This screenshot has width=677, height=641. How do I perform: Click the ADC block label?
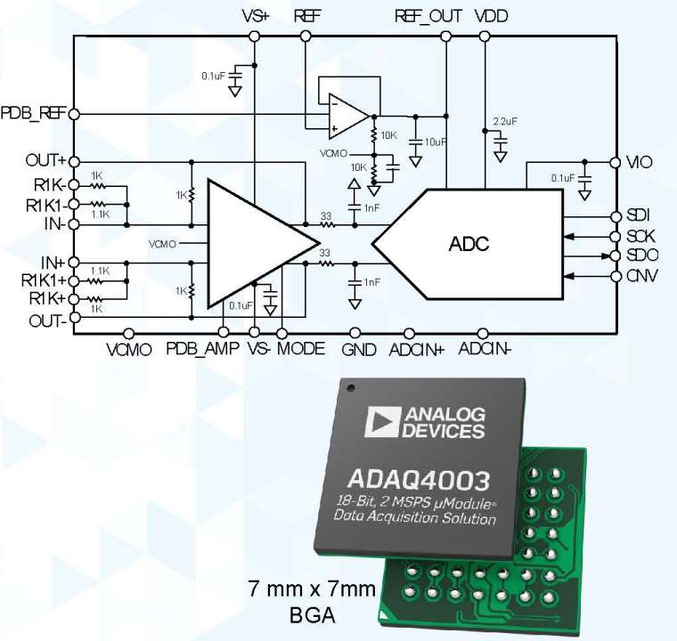469,243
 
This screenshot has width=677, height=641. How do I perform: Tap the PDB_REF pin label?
33,114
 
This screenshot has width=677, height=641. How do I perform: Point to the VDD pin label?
493,17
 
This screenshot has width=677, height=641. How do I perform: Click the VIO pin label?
640,163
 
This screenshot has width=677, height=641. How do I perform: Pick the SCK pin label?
640,237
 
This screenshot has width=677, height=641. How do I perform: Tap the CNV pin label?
641,276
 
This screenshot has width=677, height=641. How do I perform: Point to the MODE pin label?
300,348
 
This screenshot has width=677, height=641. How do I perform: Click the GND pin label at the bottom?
359,349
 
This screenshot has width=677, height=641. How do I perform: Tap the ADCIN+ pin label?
416,349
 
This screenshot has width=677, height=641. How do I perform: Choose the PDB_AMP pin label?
202,348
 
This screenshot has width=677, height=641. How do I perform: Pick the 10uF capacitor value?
436,142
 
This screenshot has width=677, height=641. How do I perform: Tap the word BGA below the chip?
313,614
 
